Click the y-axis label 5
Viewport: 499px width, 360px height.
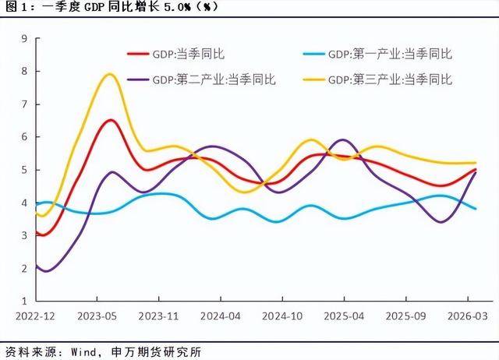24,170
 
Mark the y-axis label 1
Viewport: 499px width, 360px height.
24,301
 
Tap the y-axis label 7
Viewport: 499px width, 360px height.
24,104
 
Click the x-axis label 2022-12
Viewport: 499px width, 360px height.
35,316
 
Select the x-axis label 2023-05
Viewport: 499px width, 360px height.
97,316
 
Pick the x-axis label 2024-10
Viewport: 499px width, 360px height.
282,316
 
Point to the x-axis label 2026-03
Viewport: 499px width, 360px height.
468,316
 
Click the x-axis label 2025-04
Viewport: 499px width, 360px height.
344,316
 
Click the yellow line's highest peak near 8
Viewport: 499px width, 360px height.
110,75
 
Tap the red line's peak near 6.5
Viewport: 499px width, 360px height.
111,120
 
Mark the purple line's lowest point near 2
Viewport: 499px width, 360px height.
46,271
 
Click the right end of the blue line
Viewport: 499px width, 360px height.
476,209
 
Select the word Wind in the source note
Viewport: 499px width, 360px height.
83,352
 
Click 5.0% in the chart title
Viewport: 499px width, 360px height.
177,7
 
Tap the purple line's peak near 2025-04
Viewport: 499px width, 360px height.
343,140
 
